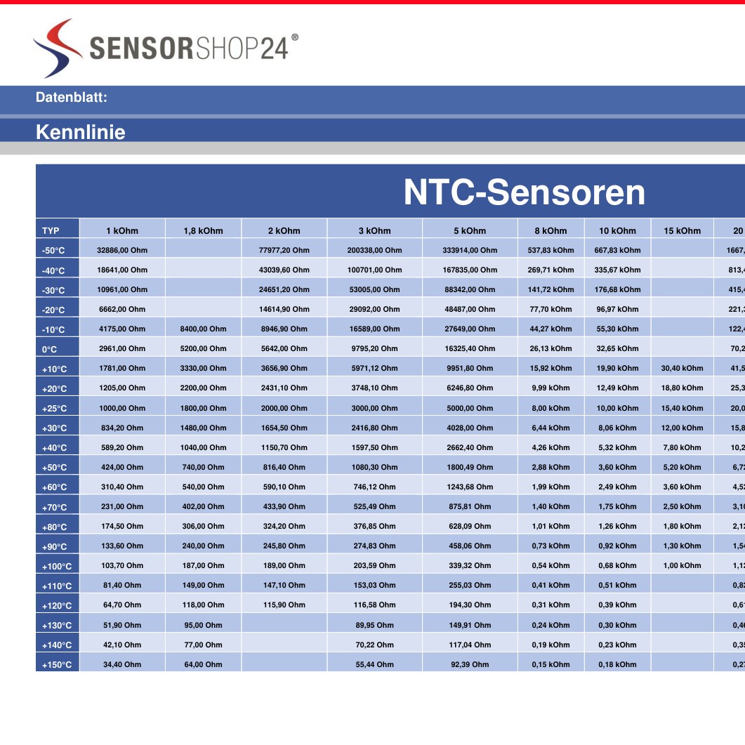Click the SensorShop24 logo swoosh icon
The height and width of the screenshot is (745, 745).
(x=58, y=48)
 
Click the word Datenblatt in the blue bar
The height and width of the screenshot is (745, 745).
(x=71, y=98)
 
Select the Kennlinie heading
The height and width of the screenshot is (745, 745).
(x=80, y=132)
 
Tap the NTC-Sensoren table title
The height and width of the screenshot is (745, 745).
(x=524, y=192)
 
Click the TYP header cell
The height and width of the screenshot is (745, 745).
(x=51, y=230)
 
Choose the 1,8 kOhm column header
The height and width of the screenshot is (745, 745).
(x=203, y=230)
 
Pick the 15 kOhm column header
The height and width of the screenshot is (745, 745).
(x=682, y=230)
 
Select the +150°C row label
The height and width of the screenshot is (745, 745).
(x=57, y=664)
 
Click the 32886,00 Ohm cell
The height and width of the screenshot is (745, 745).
(x=122, y=250)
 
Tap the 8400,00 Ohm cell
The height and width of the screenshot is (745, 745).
(x=204, y=329)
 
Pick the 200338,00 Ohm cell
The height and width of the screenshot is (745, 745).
(x=374, y=250)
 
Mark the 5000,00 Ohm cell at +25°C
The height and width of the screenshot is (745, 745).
(x=470, y=408)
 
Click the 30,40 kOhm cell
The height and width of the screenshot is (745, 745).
(x=682, y=368)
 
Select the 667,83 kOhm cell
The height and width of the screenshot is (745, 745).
(x=617, y=250)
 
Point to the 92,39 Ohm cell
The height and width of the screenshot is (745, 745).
(x=470, y=664)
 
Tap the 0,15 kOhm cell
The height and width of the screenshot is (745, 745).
(x=550, y=664)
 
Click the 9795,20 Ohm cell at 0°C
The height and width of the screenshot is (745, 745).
(x=374, y=348)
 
